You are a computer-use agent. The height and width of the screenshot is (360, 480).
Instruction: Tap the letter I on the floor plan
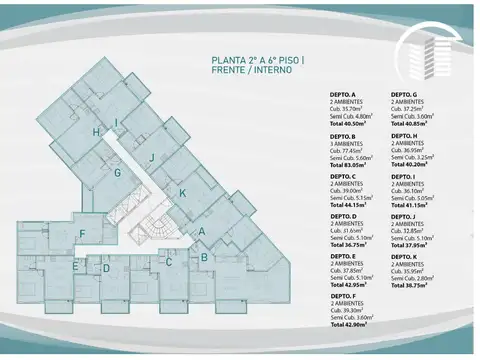tap(118, 124)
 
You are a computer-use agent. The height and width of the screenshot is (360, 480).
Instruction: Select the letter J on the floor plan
tap(150, 157)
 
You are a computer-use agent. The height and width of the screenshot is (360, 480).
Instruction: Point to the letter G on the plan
tap(117, 172)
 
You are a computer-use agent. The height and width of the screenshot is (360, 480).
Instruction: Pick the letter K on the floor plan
tap(182, 193)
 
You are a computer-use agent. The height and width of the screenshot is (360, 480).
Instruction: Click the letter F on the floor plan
tap(82, 234)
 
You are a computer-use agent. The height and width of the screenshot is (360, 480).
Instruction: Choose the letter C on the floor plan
tap(169, 263)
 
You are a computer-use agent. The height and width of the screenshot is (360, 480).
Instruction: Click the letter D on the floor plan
tap(106, 268)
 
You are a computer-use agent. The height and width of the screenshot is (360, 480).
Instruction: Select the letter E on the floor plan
tap(76, 267)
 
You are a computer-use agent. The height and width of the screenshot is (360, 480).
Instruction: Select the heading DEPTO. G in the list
tap(405, 94)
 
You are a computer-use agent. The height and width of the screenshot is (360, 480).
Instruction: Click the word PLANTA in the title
tap(230, 60)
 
